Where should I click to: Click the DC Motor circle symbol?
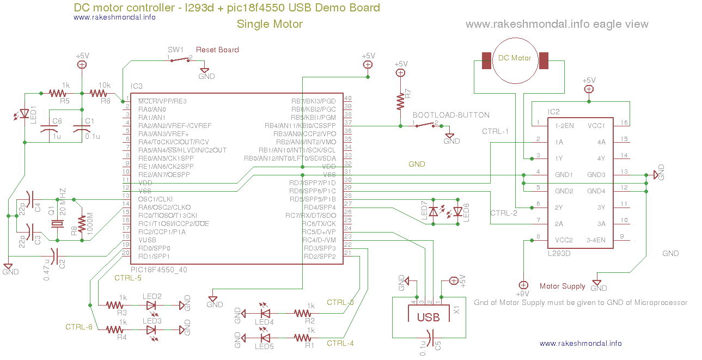[515, 60]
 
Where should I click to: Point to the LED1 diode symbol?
[24, 114]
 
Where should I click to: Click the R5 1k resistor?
[58, 93]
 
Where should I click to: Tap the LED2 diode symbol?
[151, 305]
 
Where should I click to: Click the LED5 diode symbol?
[265, 338]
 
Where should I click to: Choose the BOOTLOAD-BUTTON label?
[451, 115]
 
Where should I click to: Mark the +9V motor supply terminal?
[523, 285]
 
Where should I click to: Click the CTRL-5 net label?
[128, 278]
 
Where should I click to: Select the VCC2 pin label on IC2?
[564, 240]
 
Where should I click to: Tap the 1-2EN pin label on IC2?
[564, 126]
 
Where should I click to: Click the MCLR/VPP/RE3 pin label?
[162, 101]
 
